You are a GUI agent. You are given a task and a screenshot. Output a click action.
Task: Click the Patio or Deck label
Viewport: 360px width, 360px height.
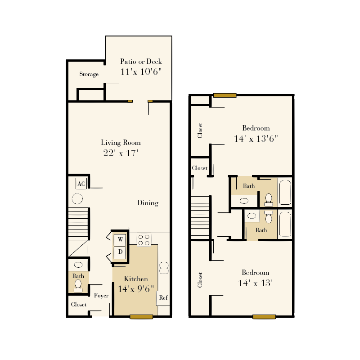tap(141, 62)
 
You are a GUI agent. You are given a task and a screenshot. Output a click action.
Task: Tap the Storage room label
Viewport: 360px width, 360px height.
tap(89, 74)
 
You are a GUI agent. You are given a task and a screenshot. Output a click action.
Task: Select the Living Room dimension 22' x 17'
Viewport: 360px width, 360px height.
tap(121, 153)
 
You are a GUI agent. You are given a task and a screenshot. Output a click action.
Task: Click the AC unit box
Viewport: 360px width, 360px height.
tap(81, 184)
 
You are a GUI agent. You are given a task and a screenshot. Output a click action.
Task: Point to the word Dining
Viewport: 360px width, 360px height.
tap(148, 203)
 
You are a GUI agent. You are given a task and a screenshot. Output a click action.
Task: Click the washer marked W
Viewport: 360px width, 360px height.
tap(120, 239)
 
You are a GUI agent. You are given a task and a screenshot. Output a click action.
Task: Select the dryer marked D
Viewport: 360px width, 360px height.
tap(120, 252)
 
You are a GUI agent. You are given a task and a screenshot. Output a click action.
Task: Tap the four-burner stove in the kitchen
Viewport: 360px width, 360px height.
tap(144, 239)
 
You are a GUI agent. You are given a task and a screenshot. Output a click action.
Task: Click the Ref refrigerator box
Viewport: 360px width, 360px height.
tap(163, 297)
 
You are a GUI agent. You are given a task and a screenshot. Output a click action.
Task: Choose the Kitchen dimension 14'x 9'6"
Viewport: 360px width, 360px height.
tap(136, 289)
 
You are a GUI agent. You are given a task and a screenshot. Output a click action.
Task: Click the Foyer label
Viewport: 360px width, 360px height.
tap(101, 296)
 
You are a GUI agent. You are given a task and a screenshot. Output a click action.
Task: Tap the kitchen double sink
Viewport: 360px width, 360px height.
tap(163, 268)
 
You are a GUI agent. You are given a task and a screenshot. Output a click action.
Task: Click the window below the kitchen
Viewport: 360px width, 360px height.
tap(141, 317)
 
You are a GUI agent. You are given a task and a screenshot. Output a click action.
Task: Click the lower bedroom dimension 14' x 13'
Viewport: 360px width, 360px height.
tap(256, 283)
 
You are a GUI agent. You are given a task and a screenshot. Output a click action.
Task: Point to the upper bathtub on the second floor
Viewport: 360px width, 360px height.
tap(285, 192)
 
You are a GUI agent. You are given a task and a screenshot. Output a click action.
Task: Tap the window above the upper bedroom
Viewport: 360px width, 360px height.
tap(225, 95)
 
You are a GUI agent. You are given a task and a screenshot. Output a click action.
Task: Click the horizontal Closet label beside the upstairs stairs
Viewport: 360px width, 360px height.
tap(200, 168)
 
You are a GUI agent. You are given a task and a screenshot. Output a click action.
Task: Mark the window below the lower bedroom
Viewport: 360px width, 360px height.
tap(264, 317)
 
